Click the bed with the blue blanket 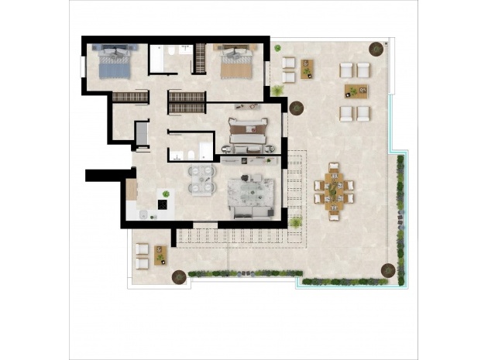tap(115, 62)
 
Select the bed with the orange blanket tap(236, 62)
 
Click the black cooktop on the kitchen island tap(163, 204)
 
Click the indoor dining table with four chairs tap(201, 179)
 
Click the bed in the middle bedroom tap(249, 131)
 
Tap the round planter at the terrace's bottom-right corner tap(388, 271)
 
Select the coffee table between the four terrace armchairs tap(356, 91)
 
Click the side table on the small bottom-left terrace tap(161, 254)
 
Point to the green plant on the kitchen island tap(164, 193)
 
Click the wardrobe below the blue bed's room tap(130, 97)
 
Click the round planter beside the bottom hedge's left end tap(179, 274)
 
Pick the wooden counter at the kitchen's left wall tap(132, 188)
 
